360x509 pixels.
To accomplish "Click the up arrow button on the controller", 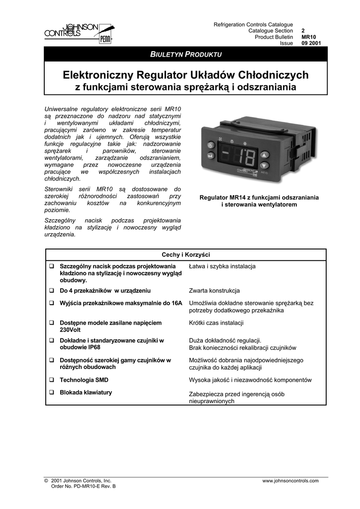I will [x=264, y=154].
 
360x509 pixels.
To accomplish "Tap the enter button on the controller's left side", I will [x=210, y=158].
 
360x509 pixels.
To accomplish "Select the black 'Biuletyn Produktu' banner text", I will [x=186, y=54].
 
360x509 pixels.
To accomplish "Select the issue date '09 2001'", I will [x=311, y=43].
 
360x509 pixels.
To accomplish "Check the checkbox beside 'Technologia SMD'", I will [x=51, y=380].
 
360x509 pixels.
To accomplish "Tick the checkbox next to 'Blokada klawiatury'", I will [x=51, y=393].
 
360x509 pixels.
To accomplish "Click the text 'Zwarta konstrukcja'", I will [x=214, y=291].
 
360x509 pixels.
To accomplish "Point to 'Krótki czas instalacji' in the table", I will [x=216, y=323].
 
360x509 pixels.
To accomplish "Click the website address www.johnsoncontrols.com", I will [x=290, y=481].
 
